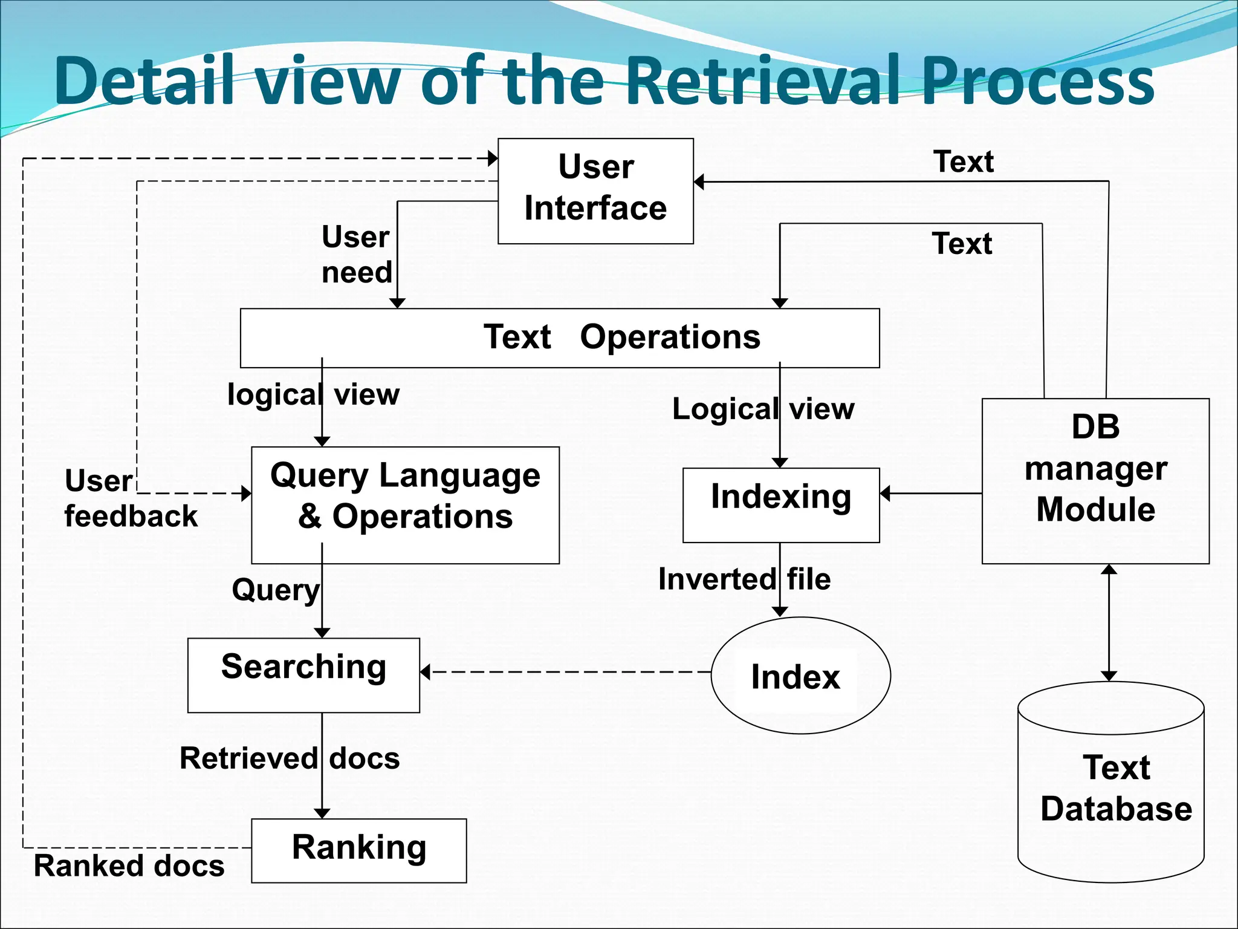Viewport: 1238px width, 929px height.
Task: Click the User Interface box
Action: (x=595, y=191)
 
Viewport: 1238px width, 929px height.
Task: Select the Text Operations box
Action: (x=560, y=337)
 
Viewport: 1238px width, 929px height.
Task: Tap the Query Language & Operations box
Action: (x=405, y=505)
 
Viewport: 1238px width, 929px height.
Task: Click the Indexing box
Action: (x=781, y=504)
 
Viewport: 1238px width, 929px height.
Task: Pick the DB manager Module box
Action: (x=1095, y=480)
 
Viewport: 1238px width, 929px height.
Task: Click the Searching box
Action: (x=303, y=675)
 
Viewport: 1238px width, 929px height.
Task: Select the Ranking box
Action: (x=358, y=850)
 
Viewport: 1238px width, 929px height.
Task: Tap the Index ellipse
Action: (x=800, y=675)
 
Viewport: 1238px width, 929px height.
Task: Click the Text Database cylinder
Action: (x=1111, y=786)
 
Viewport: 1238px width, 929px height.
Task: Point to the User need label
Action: (x=357, y=254)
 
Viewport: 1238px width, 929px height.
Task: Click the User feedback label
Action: (x=130, y=499)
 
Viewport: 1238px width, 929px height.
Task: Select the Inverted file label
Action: (x=744, y=579)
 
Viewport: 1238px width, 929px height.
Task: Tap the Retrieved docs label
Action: (x=290, y=758)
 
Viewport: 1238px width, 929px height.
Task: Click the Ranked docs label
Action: (x=129, y=865)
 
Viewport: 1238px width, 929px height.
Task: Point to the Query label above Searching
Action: (x=276, y=589)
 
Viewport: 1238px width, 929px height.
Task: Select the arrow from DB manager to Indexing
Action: (x=931, y=494)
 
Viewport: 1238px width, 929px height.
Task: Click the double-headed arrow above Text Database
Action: (x=1109, y=623)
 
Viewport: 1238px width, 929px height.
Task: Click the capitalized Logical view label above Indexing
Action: (x=763, y=409)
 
